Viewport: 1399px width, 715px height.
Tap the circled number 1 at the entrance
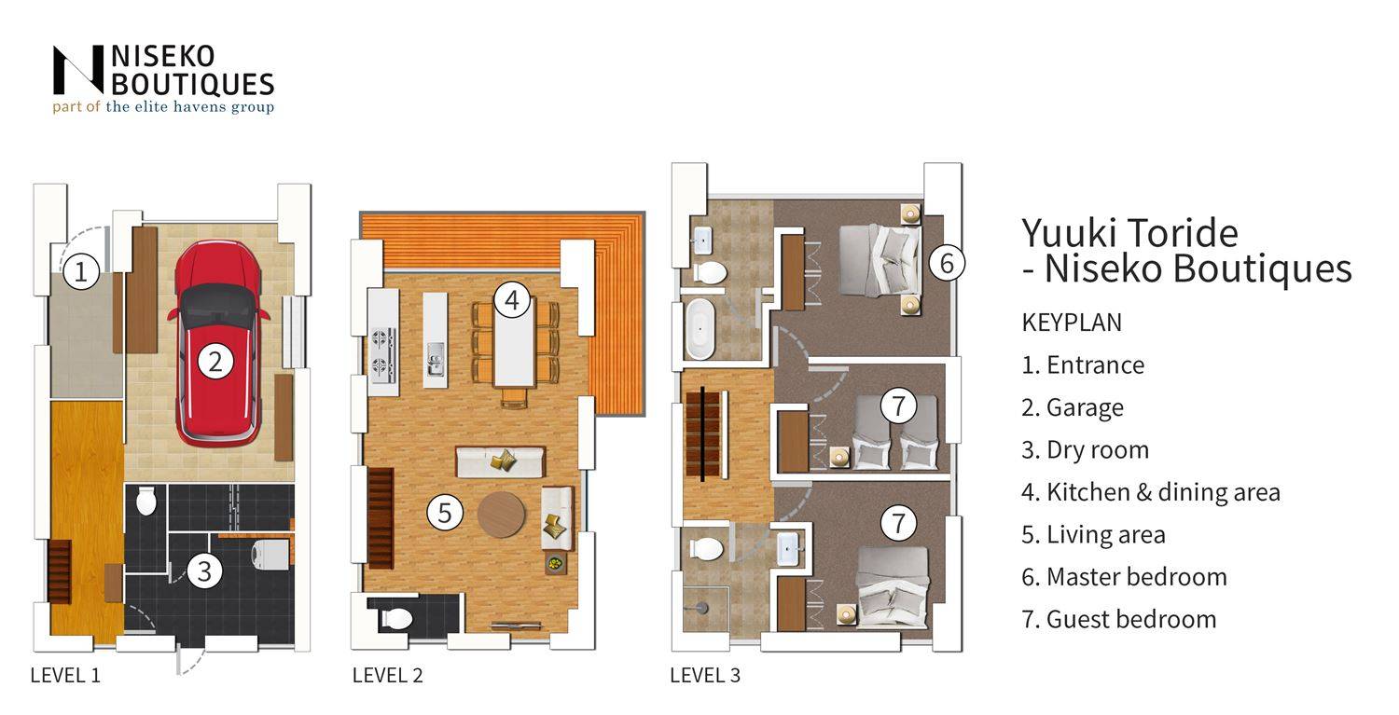pyautogui.click(x=80, y=271)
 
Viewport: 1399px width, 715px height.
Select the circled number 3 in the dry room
pyautogui.click(x=204, y=571)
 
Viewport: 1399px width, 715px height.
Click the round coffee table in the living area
pyautogui.click(x=501, y=515)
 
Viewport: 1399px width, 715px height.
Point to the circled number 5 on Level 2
pyautogui.click(x=445, y=513)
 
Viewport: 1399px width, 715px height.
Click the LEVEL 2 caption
pyautogui.click(x=387, y=675)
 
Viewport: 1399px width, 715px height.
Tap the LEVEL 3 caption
pyautogui.click(x=705, y=675)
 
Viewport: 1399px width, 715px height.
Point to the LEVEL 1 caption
pyautogui.click(x=65, y=675)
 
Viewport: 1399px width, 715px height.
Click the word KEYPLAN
pyautogui.click(x=1072, y=323)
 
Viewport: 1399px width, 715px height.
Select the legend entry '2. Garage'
pyautogui.click(x=1073, y=407)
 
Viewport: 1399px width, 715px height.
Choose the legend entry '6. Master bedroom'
pyautogui.click(x=1124, y=576)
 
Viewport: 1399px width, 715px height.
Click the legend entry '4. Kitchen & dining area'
pyautogui.click(x=1151, y=492)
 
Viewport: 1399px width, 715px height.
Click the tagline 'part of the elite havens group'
pyautogui.click(x=163, y=107)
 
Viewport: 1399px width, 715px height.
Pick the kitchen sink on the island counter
pyautogui.click(x=436, y=360)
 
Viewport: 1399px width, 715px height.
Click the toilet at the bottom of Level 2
pyautogui.click(x=396, y=619)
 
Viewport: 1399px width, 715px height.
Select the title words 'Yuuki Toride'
pyautogui.click(x=1129, y=234)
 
